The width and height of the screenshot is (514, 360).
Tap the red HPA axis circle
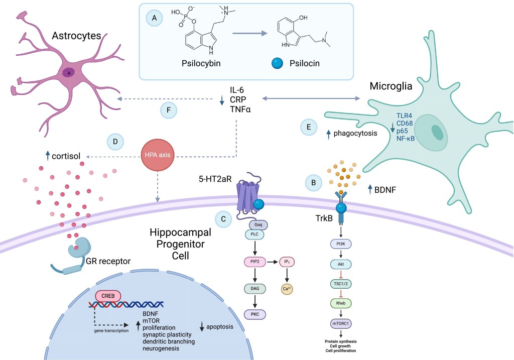(158, 155)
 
